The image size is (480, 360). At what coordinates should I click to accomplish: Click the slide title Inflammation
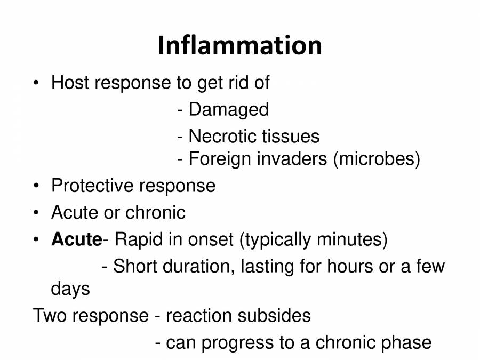239,46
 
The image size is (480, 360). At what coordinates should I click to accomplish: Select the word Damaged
229,110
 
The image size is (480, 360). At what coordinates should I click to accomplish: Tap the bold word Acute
76,239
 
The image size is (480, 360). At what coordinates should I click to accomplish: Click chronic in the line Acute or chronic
156,212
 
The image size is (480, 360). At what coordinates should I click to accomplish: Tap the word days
70,290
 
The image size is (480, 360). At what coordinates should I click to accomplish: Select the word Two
50,316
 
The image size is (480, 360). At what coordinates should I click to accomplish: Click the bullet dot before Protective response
36,186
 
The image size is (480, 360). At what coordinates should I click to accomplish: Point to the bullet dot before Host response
36,83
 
